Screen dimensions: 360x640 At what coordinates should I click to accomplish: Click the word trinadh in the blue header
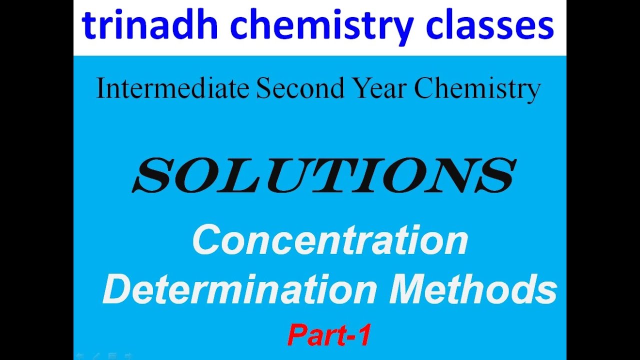click(x=149, y=25)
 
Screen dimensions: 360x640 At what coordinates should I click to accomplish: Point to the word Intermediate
click(x=172, y=89)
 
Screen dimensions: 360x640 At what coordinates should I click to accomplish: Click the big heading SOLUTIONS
click(x=323, y=176)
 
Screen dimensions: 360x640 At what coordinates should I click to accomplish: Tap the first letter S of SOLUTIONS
click(x=152, y=176)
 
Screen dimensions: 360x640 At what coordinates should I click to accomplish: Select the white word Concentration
click(x=330, y=240)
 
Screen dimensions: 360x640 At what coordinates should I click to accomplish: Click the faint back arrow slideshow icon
click(x=80, y=356)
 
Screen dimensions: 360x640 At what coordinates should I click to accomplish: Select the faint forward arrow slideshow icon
click(x=129, y=356)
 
